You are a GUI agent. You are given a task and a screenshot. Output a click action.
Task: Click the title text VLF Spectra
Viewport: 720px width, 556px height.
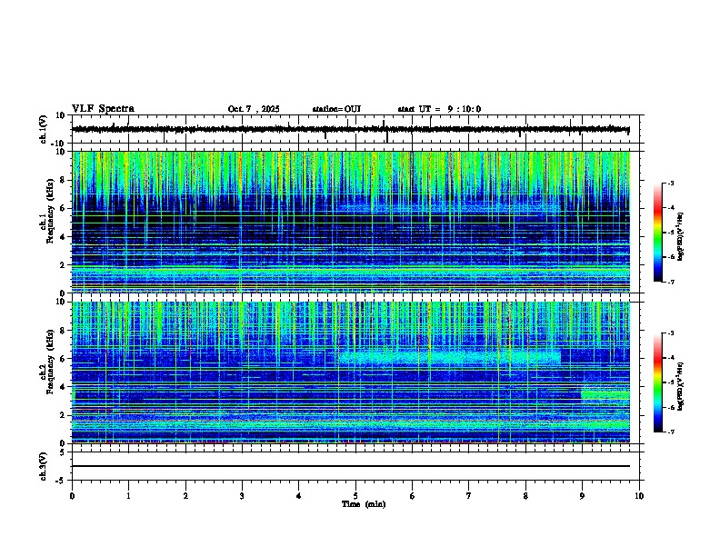click(x=103, y=109)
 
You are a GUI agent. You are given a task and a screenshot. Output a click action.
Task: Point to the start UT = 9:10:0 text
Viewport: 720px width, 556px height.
click(x=439, y=109)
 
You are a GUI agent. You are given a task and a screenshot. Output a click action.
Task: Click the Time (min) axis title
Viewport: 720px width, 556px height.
click(x=363, y=503)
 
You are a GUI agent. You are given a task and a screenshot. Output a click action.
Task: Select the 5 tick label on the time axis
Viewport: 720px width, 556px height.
click(x=355, y=496)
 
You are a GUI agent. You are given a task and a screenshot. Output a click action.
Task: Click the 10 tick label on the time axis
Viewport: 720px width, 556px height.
click(x=639, y=496)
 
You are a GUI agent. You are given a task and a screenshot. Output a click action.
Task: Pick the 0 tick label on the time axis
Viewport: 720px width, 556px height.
click(x=72, y=496)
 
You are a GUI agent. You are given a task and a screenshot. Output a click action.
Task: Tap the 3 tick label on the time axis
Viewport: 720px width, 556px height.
click(x=242, y=496)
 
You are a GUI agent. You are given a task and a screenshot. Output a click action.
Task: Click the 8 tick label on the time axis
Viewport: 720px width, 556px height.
click(x=525, y=496)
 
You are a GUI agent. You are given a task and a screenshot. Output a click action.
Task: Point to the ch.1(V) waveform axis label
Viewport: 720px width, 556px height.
click(x=45, y=130)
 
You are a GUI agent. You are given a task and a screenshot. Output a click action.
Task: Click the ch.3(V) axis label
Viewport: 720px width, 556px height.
click(x=45, y=465)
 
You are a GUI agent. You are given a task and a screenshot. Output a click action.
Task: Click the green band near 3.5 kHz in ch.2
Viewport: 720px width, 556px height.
click(x=605, y=394)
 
